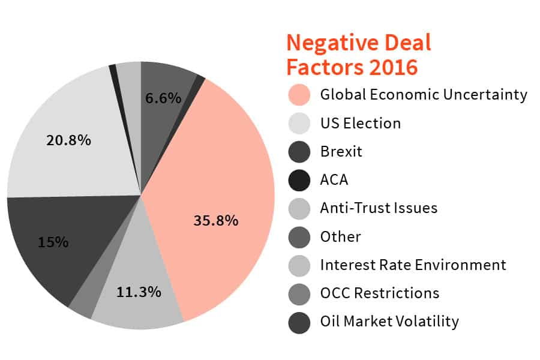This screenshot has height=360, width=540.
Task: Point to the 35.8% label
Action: point(216,220)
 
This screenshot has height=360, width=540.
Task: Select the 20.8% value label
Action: point(68,140)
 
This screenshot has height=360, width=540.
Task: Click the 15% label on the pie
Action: point(53,242)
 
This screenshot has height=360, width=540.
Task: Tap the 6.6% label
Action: point(164,98)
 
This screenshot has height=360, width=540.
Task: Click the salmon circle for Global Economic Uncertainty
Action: point(299,94)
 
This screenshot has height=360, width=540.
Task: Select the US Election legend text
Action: point(360,123)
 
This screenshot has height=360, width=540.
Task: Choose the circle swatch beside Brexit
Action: point(299,151)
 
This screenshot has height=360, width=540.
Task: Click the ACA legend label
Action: point(334,179)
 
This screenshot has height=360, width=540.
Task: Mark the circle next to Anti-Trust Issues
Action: point(299,208)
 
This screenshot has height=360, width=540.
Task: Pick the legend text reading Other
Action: point(340,236)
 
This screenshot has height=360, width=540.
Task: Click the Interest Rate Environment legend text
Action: point(413,265)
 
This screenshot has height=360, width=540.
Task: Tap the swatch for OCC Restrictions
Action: point(299,293)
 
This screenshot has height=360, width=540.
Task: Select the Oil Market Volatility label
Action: point(389,322)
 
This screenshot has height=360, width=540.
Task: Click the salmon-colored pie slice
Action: point(234,180)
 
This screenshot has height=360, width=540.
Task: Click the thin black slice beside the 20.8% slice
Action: point(113,70)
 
